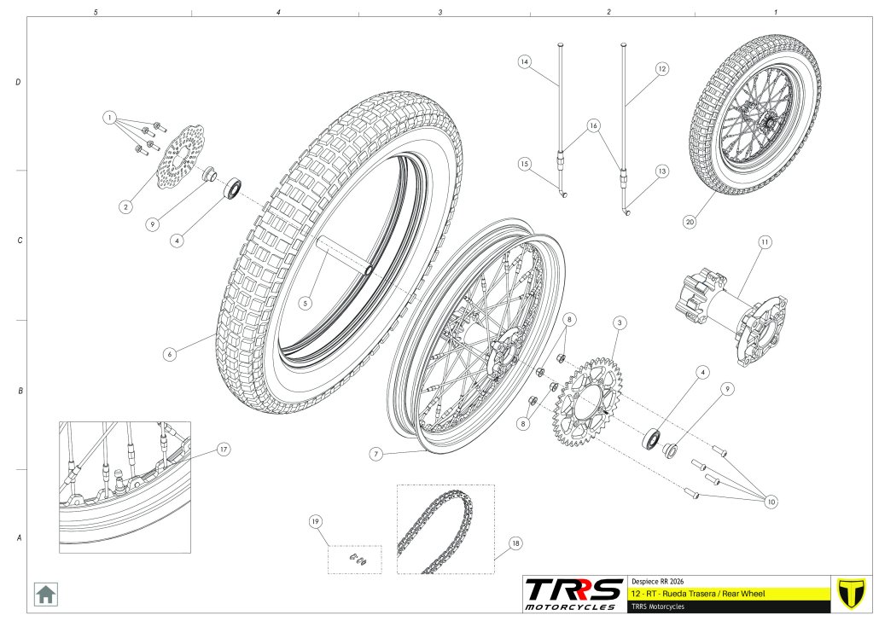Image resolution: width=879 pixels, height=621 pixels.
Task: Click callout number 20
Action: point(689,222)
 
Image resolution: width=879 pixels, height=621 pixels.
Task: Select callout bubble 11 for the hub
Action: point(765,242)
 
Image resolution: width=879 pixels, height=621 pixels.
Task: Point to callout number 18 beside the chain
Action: point(515,543)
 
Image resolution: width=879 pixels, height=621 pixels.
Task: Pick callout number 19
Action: point(315,520)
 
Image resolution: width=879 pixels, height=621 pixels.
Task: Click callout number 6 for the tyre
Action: point(170,353)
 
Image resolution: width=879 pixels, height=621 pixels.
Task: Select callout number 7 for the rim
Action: point(375,455)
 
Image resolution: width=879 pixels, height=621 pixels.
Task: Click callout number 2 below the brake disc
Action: point(125,206)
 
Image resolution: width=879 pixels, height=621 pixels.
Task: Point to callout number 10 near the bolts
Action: point(771,502)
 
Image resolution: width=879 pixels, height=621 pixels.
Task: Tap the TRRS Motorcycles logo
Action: point(573,594)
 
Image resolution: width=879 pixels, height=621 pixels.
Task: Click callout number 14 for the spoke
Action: point(525,61)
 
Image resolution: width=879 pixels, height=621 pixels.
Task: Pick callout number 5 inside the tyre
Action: point(305,302)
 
